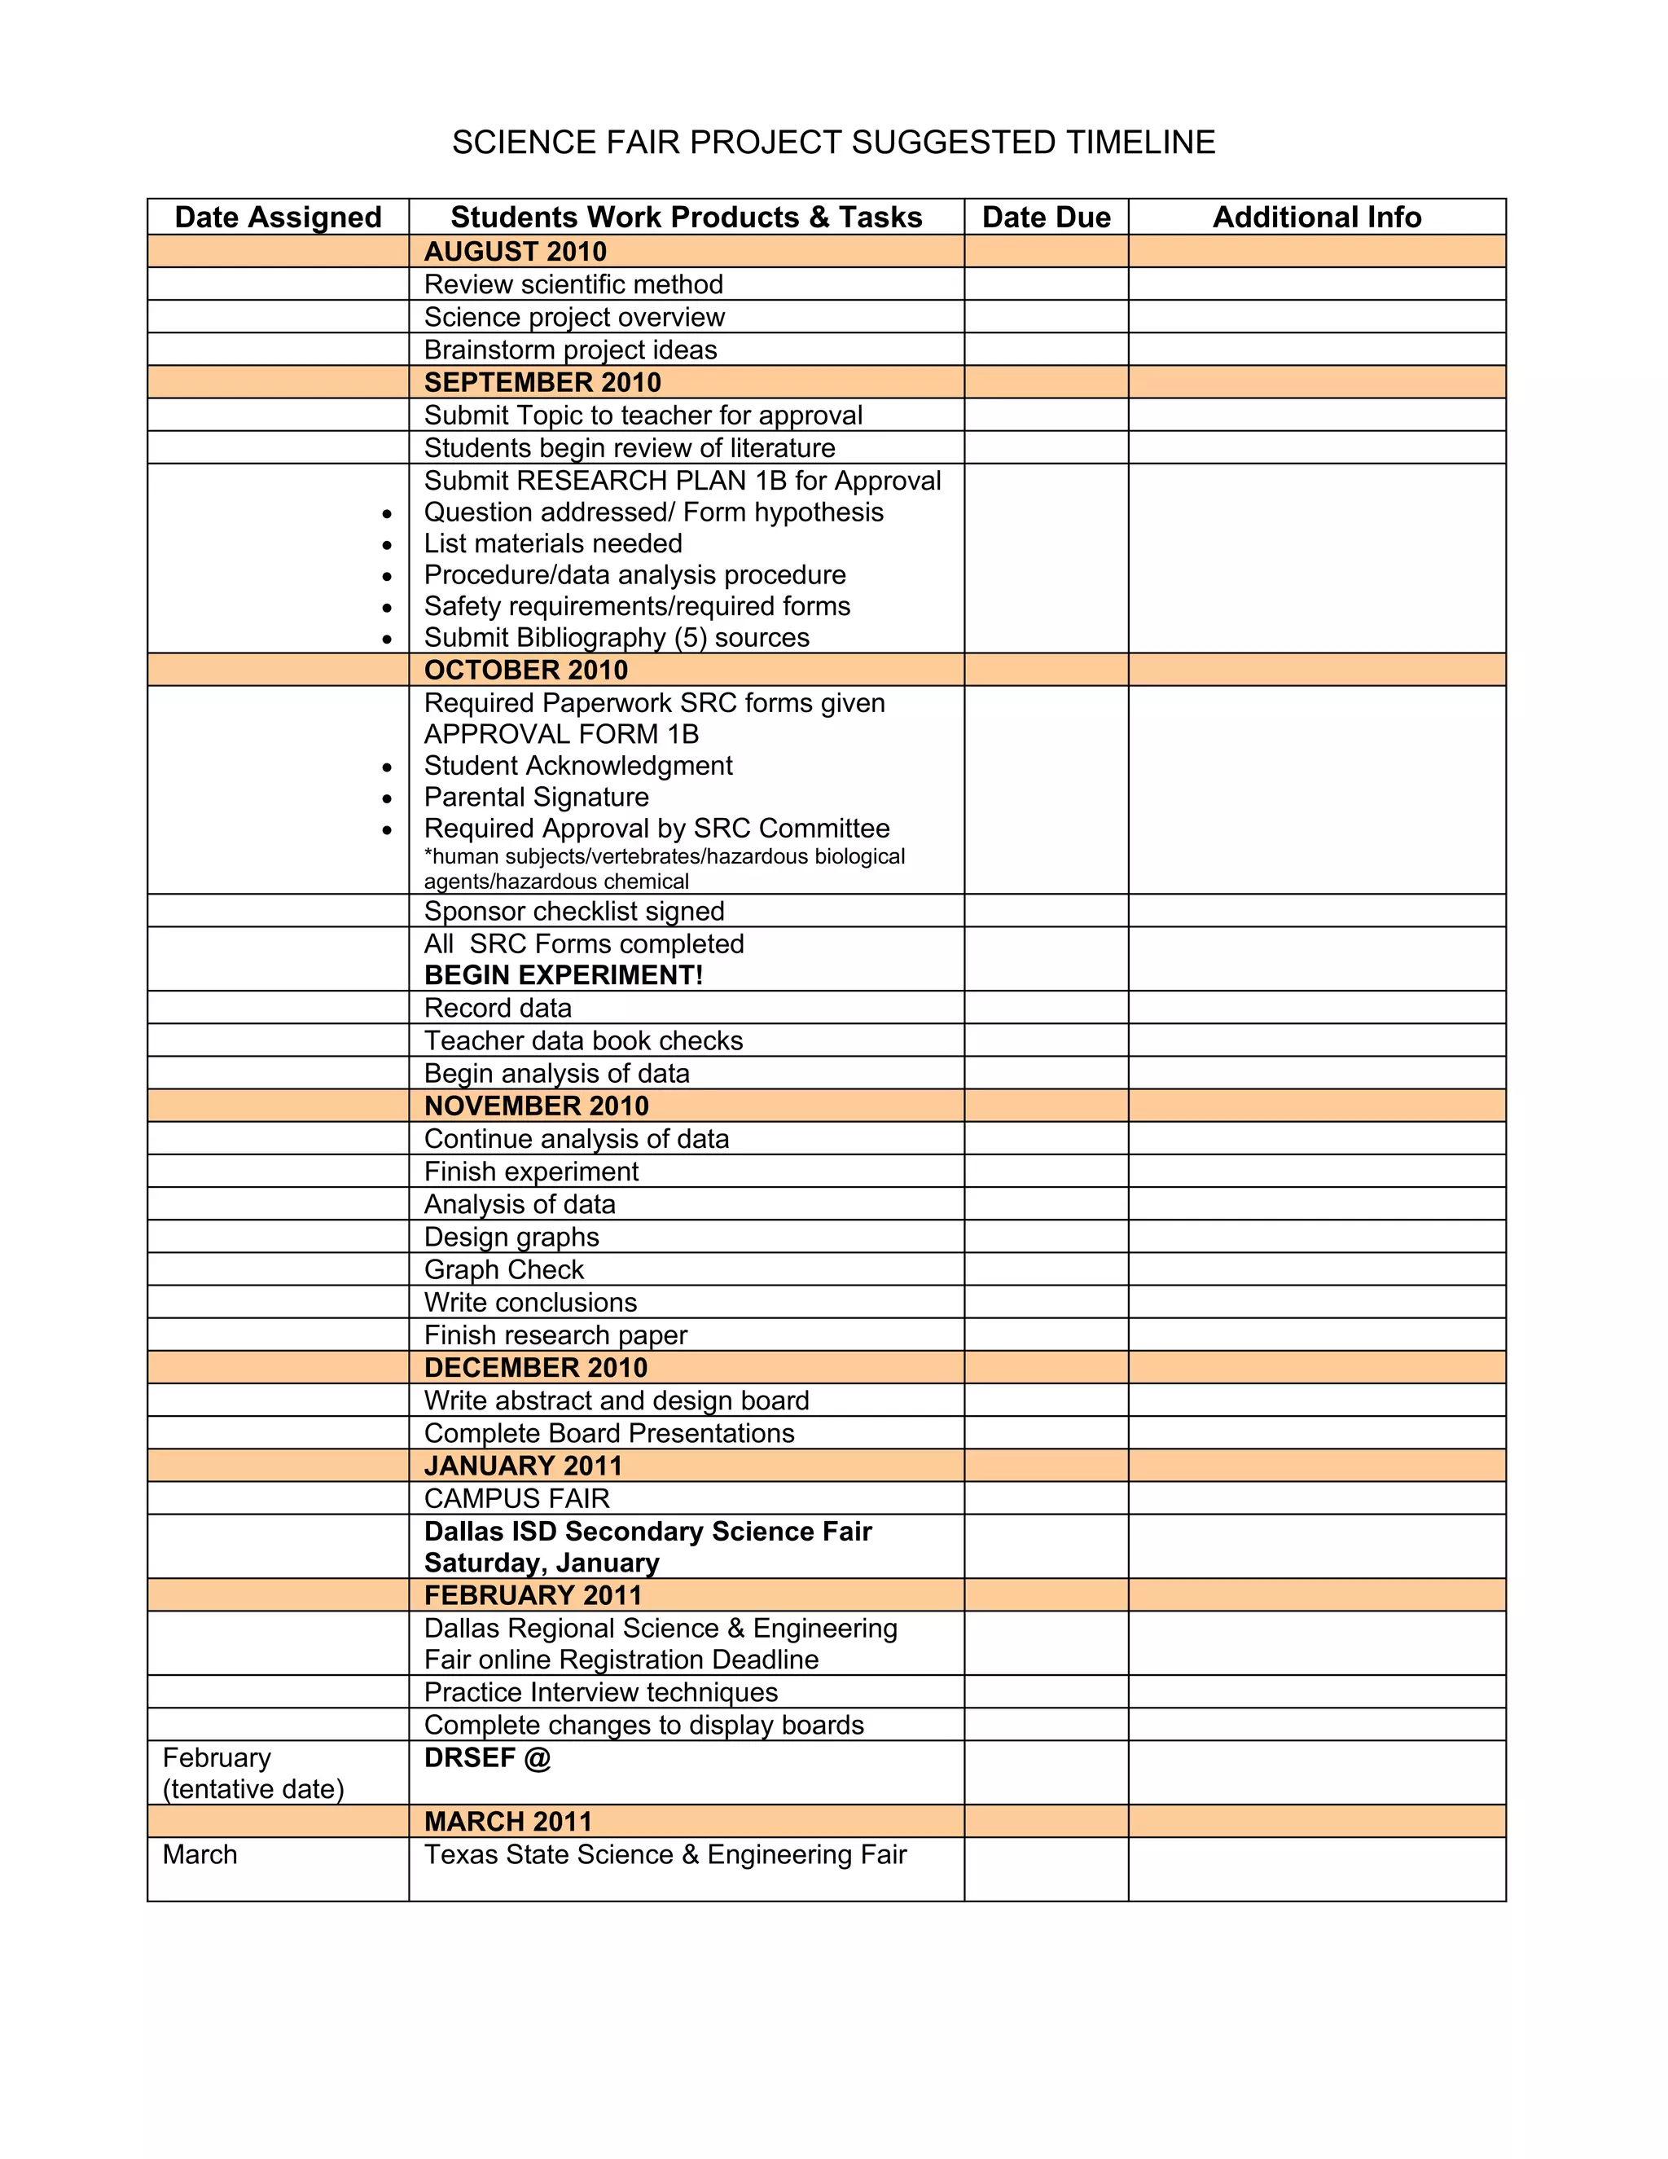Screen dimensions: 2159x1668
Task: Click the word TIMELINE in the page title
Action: [1139, 143]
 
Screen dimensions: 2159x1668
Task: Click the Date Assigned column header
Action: [278, 218]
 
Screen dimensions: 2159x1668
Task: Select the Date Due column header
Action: [1046, 218]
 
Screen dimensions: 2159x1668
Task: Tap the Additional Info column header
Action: [1316, 218]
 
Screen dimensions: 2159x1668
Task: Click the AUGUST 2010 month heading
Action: [515, 251]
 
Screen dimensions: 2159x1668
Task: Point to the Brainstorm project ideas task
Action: [570, 350]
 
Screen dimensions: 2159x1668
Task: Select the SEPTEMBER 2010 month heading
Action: [542, 383]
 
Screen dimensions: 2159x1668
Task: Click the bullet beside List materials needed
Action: [386, 545]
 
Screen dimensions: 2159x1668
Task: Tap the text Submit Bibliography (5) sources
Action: [617, 638]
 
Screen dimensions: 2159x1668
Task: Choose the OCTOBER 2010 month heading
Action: [525, 671]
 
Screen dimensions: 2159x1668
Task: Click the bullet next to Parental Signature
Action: [386, 798]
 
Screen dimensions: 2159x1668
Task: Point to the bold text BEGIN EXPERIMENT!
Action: [564, 976]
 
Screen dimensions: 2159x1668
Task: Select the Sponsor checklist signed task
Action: [574, 912]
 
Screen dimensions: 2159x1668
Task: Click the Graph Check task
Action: [504, 1270]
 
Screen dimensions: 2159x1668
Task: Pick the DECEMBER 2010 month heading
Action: [536, 1368]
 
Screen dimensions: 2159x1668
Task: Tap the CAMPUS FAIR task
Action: [517, 1498]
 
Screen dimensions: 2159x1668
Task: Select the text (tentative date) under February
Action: [253, 1789]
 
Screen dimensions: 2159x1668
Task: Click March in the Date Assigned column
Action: [200, 1854]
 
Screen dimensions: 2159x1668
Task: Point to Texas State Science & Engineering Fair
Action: [665, 1854]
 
